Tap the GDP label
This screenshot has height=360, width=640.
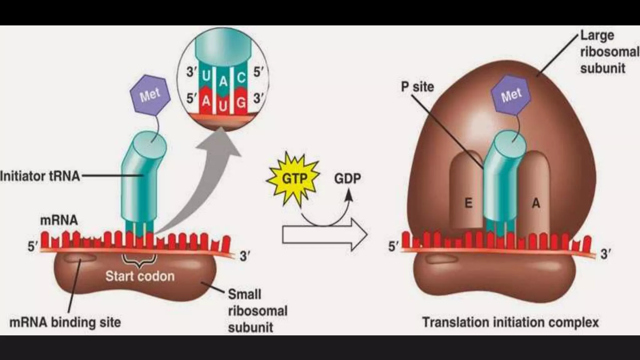point(347,179)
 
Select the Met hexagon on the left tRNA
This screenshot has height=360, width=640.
point(150,94)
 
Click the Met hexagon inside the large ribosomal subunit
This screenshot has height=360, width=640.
point(511,94)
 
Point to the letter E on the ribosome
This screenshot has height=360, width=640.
point(468,203)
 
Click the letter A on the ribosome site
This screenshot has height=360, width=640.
point(536,203)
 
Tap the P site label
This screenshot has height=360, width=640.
point(417,87)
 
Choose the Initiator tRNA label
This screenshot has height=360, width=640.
point(40,176)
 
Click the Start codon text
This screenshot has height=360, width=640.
point(140,276)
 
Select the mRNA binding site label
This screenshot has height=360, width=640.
point(65,322)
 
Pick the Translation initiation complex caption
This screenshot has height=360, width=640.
point(510,322)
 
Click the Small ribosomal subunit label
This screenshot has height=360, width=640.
point(257,311)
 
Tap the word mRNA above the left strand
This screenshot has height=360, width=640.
point(59,220)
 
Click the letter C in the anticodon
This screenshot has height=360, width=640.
point(241,77)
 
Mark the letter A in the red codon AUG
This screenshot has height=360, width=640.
point(206,101)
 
